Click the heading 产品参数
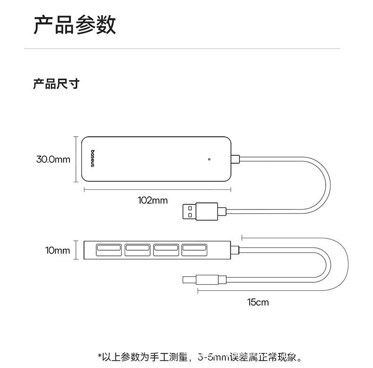74,25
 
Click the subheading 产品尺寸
56,84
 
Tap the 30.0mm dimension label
53,159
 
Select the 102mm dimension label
153,200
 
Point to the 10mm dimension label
58,250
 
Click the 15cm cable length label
257,302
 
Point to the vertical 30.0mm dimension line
76,159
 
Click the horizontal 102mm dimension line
157,190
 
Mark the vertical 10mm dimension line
76,250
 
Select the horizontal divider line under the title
182,49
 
